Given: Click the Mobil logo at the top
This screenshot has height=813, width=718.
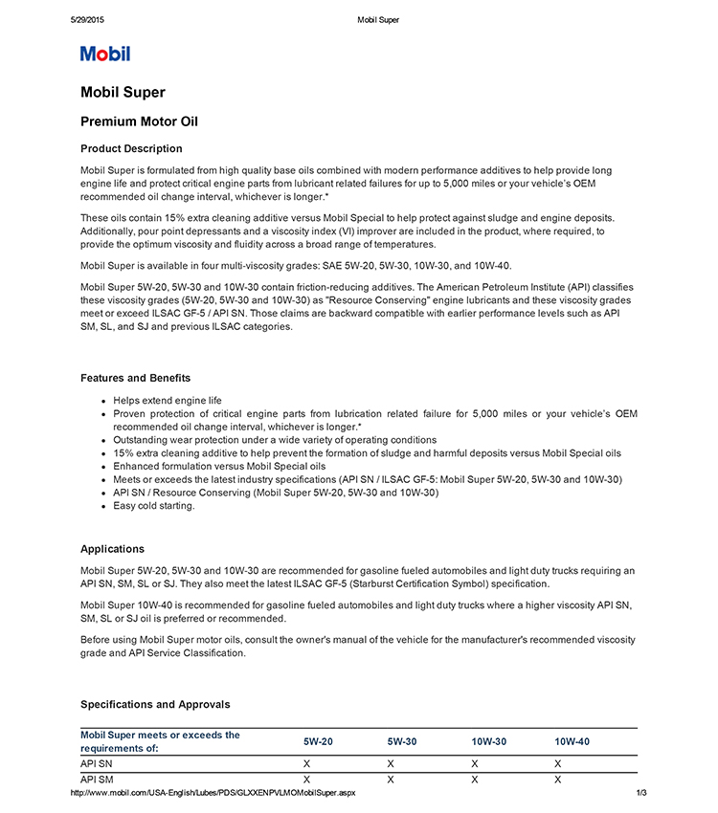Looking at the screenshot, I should (105, 54).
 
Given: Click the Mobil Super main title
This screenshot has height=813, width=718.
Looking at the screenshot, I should (123, 93).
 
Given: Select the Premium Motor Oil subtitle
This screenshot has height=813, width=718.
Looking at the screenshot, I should (139, 121).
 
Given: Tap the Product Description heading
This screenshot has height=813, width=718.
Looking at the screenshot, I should (131, 148).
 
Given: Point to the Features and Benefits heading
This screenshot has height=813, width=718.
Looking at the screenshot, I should (135, 378).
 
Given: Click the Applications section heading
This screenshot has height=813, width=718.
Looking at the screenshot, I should (112, 549).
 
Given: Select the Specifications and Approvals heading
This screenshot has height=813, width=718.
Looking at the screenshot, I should (155, 704).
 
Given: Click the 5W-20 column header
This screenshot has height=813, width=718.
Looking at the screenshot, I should (318, 741).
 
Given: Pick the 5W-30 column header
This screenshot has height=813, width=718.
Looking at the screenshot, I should (402, 741).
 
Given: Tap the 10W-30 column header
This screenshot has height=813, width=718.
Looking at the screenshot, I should (488, 741).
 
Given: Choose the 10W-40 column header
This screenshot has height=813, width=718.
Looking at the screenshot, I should (572, 741).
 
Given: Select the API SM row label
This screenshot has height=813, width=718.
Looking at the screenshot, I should (96, 780).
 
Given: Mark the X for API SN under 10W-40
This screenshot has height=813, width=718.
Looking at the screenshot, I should (558, 764).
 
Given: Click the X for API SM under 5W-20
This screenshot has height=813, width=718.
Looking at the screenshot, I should (306, 780).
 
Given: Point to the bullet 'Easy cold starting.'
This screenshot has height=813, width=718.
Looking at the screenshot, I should (153, 506).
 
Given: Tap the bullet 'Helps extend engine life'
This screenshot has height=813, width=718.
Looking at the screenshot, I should (167, 400).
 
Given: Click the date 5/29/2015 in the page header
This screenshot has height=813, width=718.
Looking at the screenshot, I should (86, 19).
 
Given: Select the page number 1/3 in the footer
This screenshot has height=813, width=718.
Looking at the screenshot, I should (641, 793).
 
